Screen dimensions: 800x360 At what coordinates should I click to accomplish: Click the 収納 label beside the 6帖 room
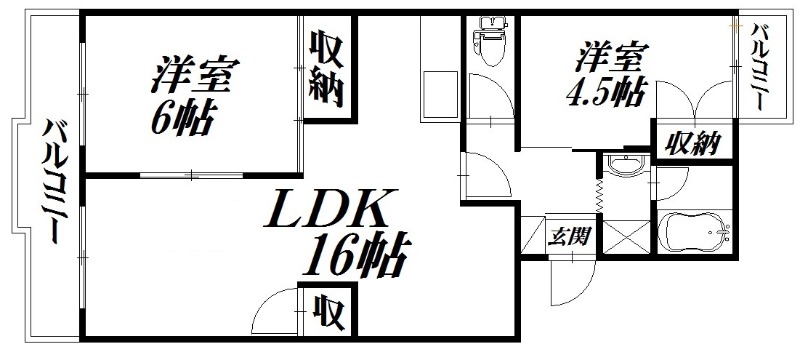pos(326,69)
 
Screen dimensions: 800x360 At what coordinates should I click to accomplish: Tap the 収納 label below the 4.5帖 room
pos(688,144)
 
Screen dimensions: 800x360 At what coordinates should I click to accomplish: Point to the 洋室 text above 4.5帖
pos(607,54)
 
